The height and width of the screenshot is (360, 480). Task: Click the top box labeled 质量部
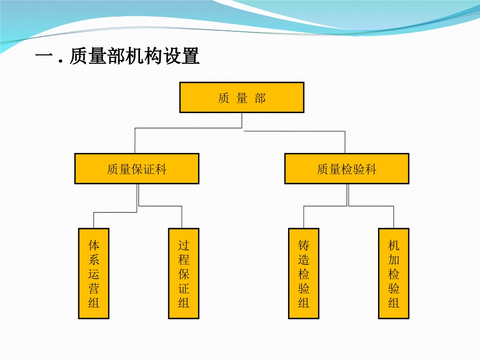(x=242, y=97)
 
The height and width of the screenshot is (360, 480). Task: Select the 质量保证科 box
(x=136, y=169)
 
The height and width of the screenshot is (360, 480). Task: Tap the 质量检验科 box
(x=347, y=169)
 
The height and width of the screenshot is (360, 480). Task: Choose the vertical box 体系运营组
(x=93, y=273)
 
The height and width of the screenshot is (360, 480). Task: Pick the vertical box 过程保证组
(x=183, y=273)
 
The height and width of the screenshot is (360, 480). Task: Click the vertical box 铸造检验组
(x=304, y=273)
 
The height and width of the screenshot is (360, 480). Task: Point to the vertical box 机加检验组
(x=394, y=273)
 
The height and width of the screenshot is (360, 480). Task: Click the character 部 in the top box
(x=260, y=98)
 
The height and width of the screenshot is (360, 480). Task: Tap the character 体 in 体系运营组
(x=93, y=245)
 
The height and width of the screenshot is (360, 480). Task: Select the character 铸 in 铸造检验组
(x=304, y=245)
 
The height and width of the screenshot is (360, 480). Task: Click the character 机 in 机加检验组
(x=394, y=245)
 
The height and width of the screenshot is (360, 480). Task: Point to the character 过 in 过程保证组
(x=183, y=245)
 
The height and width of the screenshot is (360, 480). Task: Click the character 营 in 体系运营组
(x=93, y=288)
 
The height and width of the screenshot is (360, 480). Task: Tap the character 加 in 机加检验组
(x=394, y=260)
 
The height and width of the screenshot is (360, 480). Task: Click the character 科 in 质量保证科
(x=160, y=169)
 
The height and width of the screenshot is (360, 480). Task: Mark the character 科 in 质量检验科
(x=370, y=169)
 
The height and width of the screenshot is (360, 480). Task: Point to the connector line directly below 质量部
(x=242, y=120)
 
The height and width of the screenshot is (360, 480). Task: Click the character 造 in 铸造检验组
(x=304, y=260)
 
